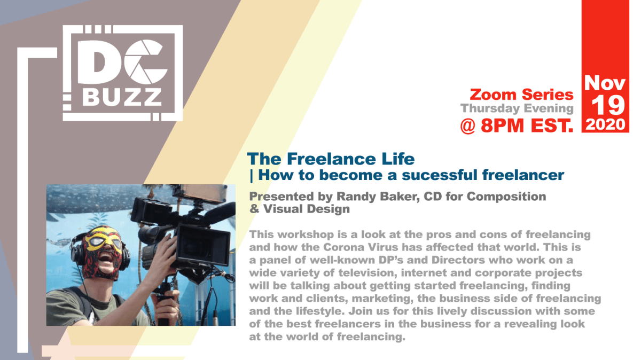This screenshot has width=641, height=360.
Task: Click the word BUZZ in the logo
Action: pos(123,96)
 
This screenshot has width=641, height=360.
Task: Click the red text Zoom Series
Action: pos(521,95)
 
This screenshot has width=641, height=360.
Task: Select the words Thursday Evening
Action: pos(517,108)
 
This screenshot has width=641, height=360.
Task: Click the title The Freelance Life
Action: pos(331,159)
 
